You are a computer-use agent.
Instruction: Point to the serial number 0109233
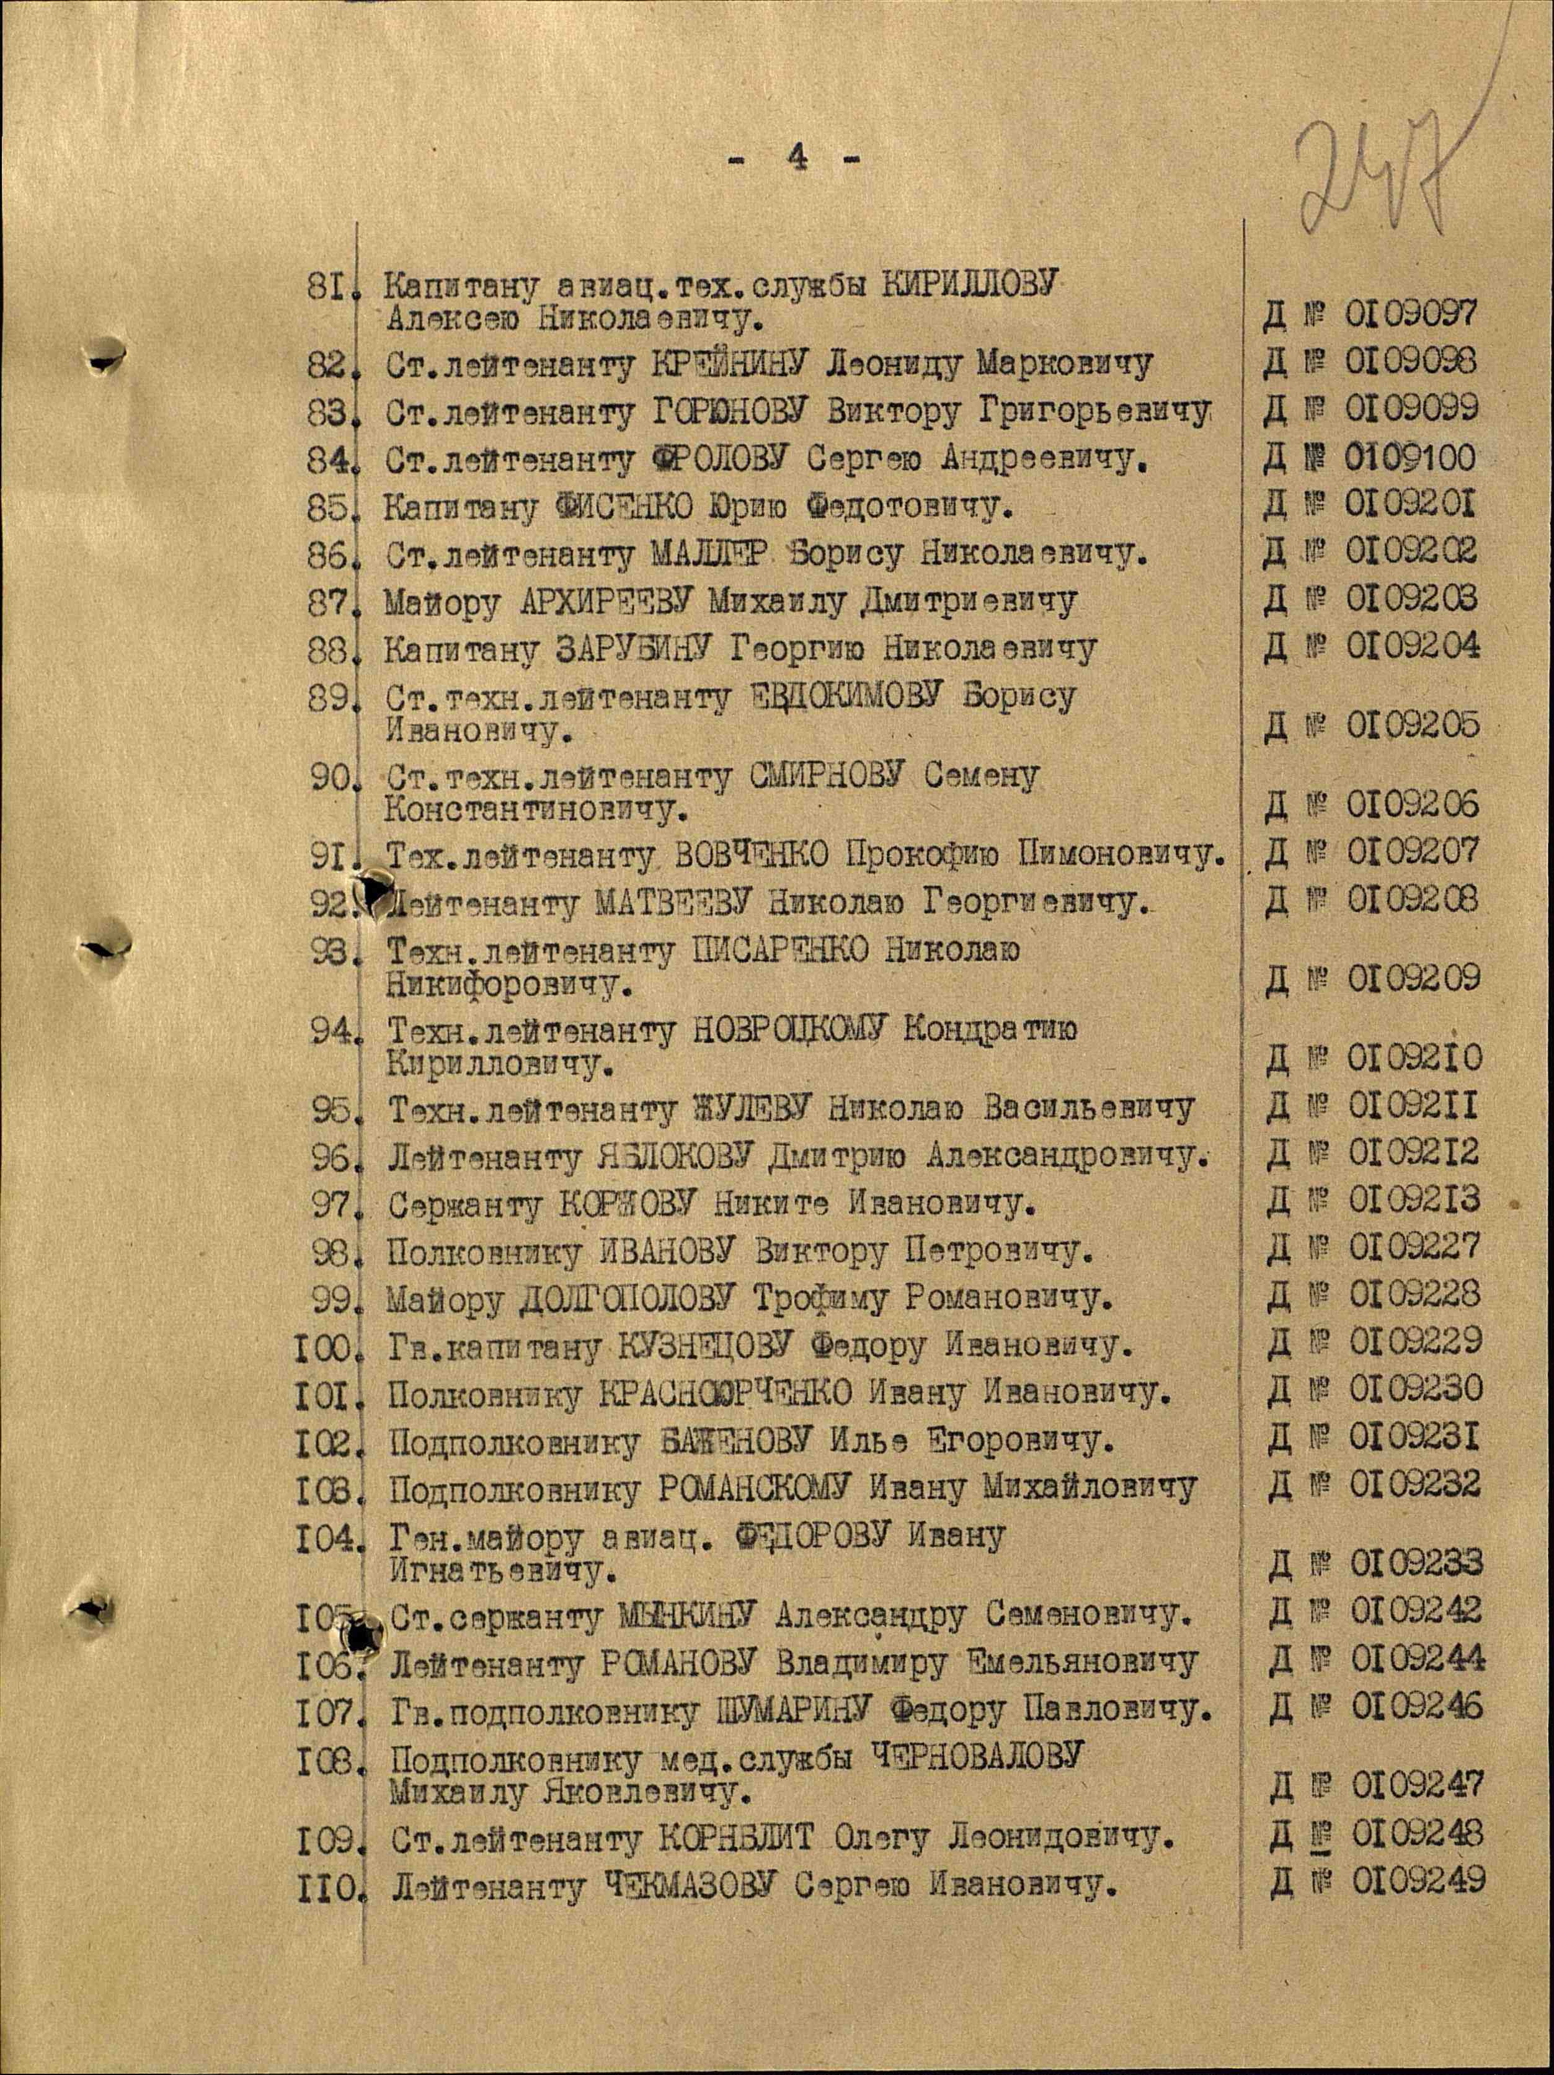1417,1563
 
